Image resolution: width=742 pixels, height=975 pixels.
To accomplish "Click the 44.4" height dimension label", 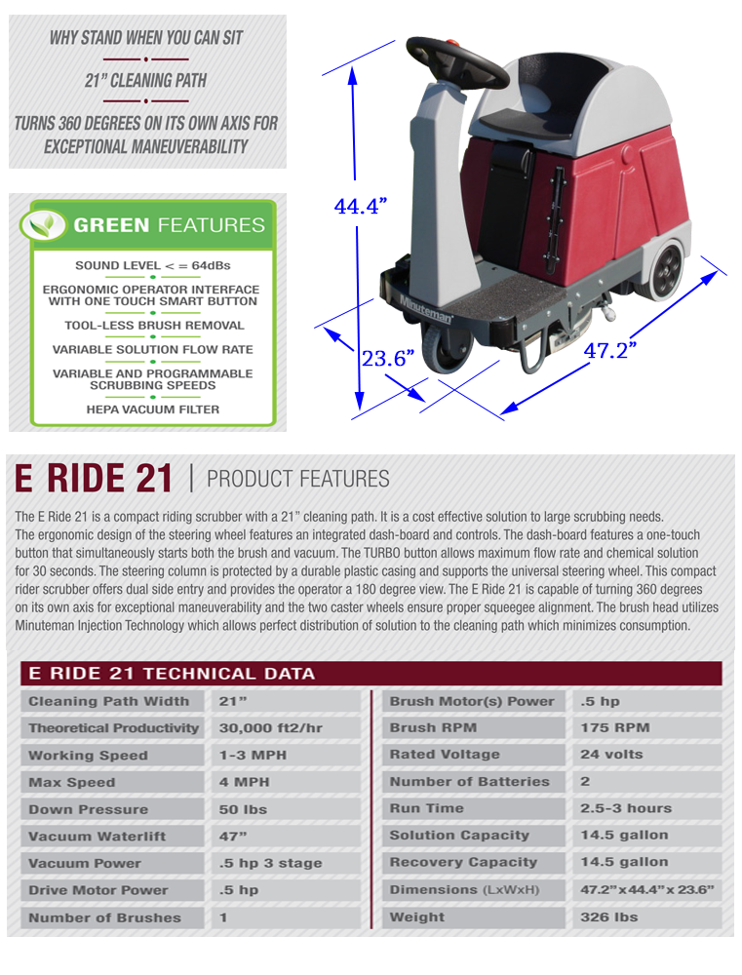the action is [x=360, y=206].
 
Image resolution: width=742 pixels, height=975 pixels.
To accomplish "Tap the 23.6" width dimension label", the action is [x=388, y=358].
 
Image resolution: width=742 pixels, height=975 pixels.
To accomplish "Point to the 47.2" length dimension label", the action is [x=610, y=350].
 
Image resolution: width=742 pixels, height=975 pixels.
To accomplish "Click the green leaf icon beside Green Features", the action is [x=43, y=224].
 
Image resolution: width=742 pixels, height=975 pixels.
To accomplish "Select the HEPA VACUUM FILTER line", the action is [x=153, y=409].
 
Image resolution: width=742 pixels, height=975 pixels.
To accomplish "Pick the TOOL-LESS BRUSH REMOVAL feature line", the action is [x=154, y=326].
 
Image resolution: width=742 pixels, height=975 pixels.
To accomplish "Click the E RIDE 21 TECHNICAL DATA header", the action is [x=172, y=674].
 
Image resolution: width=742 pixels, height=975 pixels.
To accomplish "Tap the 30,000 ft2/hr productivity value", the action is [x=270, y=727].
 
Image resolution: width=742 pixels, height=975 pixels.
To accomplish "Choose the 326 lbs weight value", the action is [x=608, y=917].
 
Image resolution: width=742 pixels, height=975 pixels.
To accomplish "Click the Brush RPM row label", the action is [x=433, y=727].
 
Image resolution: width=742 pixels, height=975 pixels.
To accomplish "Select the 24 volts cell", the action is [x=611, y=755].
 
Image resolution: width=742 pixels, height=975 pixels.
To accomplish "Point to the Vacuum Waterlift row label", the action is [x=98, y=837].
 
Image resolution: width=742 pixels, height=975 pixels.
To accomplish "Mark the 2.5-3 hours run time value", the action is [x=626, y=808].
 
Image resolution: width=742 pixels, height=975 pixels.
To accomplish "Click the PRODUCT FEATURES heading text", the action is [x=298, y=479].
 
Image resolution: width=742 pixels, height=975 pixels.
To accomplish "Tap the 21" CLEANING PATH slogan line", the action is [x=145, y=80].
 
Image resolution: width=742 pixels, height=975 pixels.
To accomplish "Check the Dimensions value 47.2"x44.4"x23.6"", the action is [x=646, y=890].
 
